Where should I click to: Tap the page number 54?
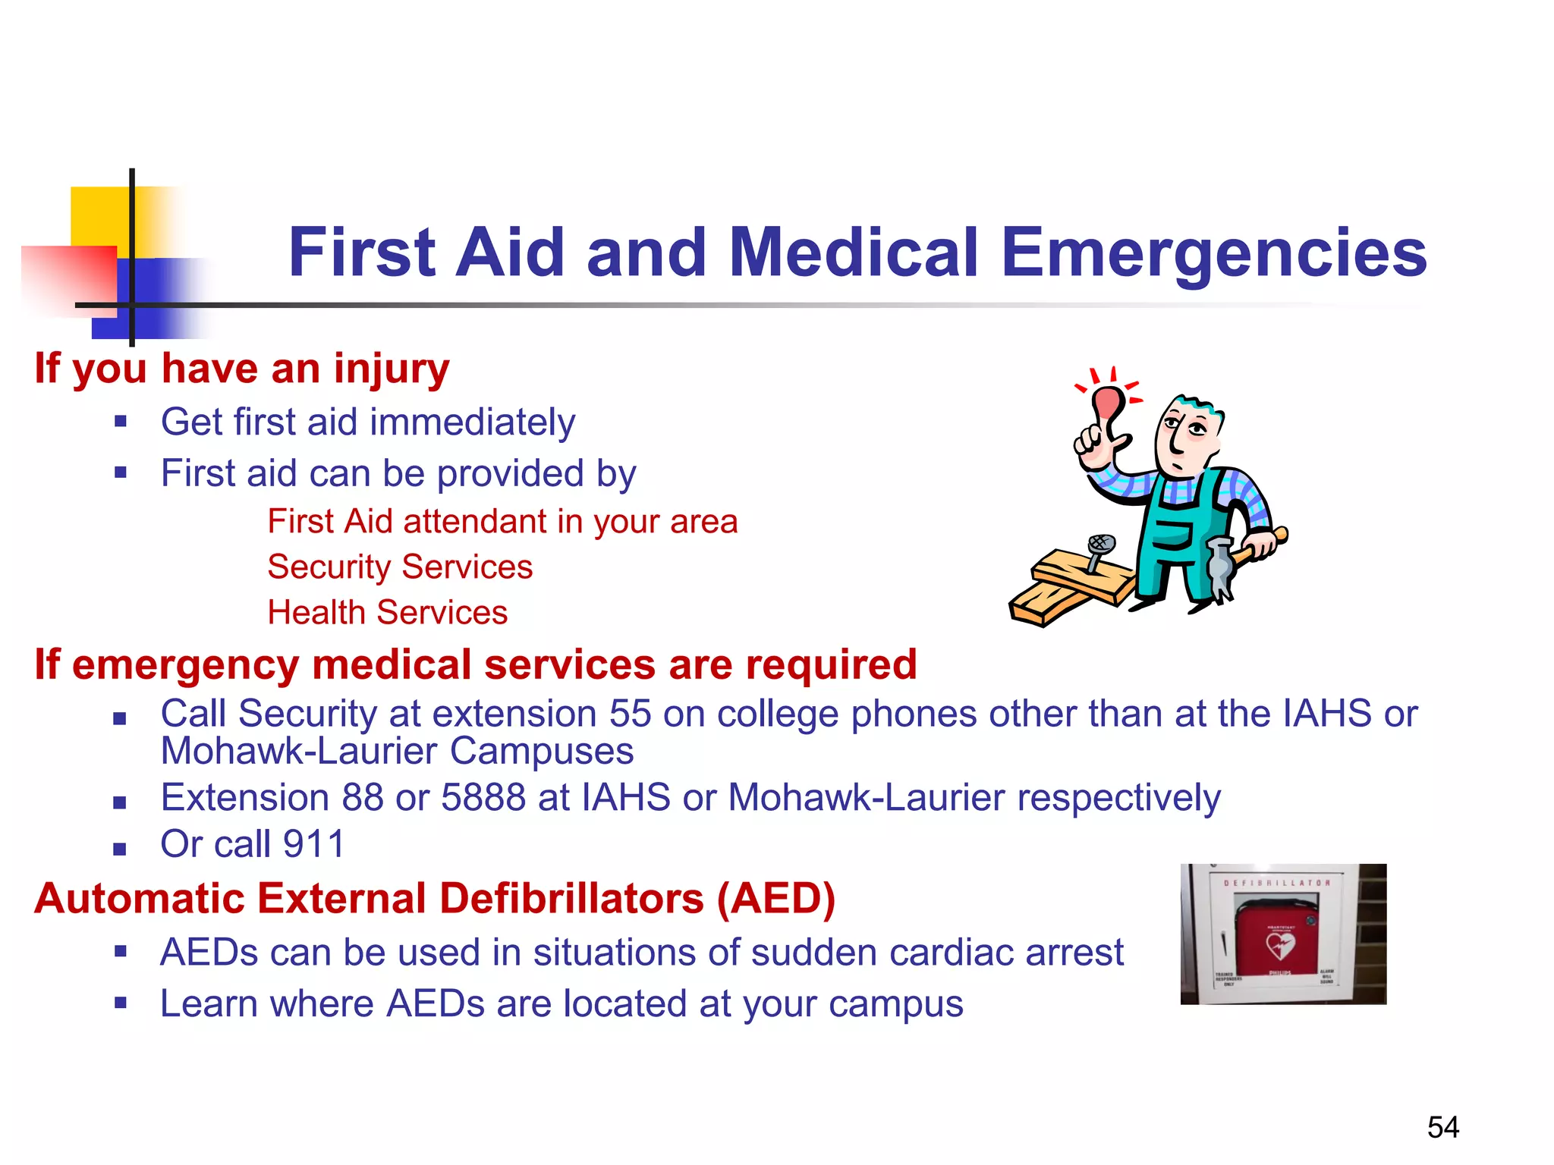pyautogui.click(x=1442, y=1127)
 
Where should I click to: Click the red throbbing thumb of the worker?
pyautogui.click(x=1109, y=402)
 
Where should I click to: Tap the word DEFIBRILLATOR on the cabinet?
pyautogui.click(x=1276, y=884)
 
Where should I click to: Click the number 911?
pyautogui.click(x=313, y=844)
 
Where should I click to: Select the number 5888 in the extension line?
pyautogui.click(x=483, y=798)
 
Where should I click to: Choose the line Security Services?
pyautogui.click(x=400, y=567)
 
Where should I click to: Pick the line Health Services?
pyautogui.click(x=387, y=613)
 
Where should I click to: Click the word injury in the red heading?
pyautogui.click(x=392, y=369)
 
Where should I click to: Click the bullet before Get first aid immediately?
pyautogui.click(x=120, y=422)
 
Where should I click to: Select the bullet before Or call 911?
pyautogui.click(x=119, y=849)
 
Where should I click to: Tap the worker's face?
pyautogui.click(x=1184, y=436)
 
